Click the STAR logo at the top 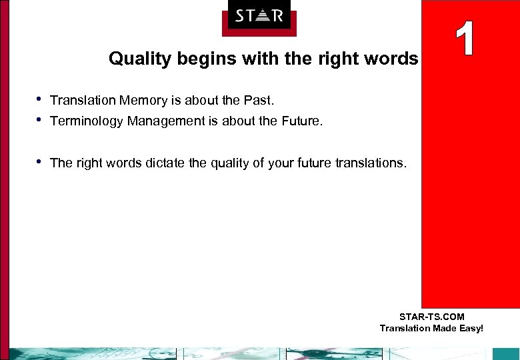coord(259,17)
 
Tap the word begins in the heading coord(192,59)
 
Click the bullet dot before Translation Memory coord(39,99)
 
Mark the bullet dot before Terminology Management coord(39,120)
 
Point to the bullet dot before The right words coord(39,162)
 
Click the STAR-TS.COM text coord(431,317)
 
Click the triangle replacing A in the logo coord(259,15)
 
